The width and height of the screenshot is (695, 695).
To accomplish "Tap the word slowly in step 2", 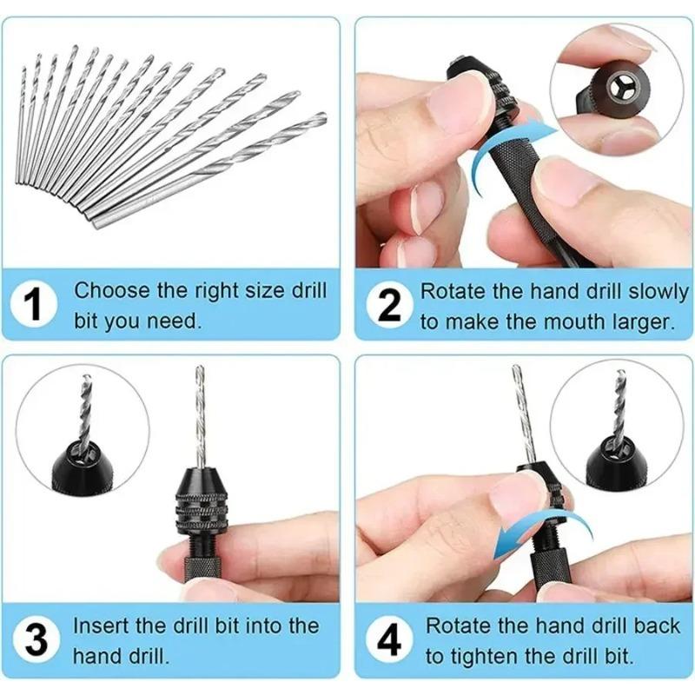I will coord(642,289).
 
